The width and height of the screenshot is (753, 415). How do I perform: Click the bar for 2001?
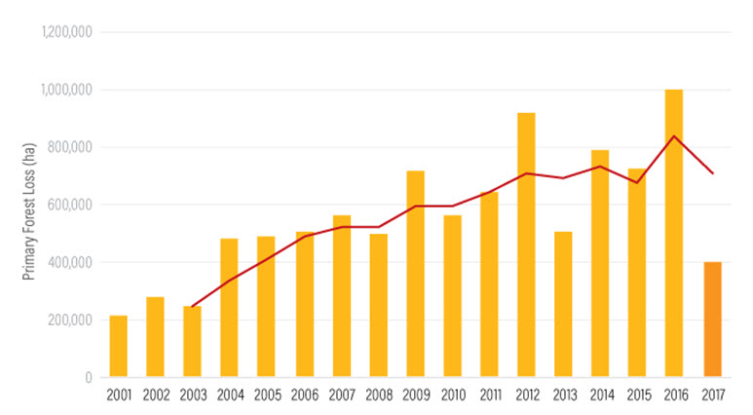tap(118, 346)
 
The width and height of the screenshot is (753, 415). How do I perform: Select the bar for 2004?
tap(229, 308)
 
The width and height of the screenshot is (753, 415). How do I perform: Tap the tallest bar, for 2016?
tap(674, 234)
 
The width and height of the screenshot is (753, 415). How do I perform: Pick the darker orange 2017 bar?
tap(712, 320)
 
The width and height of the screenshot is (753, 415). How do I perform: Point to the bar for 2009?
tap(415, 274)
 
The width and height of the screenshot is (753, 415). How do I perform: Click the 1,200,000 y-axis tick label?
tap(65, 32)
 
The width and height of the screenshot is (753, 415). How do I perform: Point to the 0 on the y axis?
tap(89, 377)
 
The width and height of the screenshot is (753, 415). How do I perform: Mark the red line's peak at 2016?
tap(674, 135)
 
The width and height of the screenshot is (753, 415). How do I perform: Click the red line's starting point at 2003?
tap(193, 307)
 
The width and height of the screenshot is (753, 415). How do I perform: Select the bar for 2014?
tap(600, 263)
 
